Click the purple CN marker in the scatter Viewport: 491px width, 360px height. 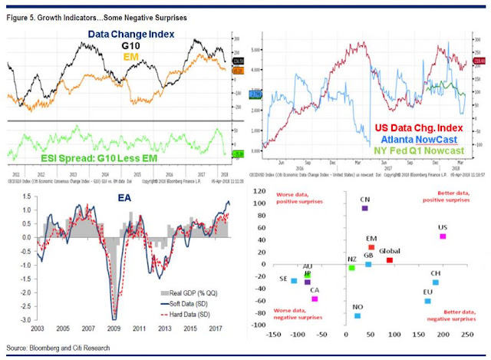point(365,209)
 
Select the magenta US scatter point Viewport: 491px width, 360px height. point(443,236)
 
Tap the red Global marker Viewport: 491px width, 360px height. point(390,260)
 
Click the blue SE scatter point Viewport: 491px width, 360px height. point(294,281)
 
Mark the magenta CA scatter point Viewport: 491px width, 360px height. point(315,299)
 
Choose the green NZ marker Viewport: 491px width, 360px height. point(351,268)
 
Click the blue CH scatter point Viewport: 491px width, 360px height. point(436,282)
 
